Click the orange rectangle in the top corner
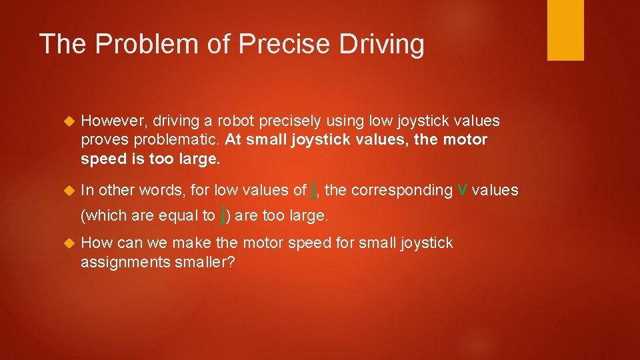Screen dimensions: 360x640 (x=565, y=30)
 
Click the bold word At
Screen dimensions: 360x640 (x=233, y=141)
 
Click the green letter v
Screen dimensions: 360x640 (x=462, y=190)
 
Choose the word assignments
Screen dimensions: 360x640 (x=122, y=263)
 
